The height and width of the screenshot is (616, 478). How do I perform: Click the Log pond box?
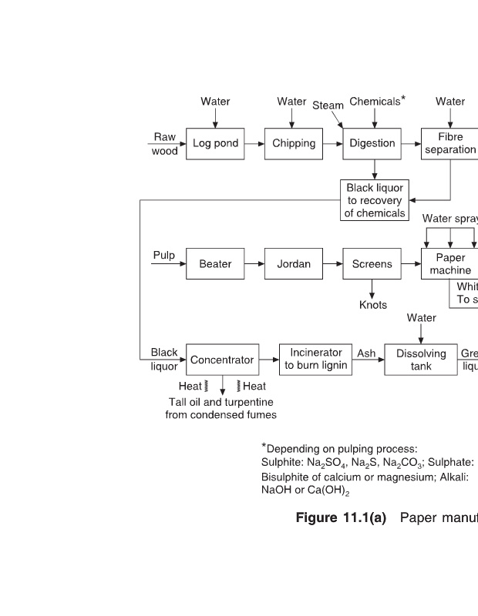pyautogui.click(x=215, y=143)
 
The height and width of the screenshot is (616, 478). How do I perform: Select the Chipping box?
pyautogui.click(x=294, y=143)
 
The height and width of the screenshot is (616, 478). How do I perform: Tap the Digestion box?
pyautogui.click(x=372, y=143)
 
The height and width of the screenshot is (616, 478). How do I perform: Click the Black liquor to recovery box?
pyautogui.click(x=375, y=200)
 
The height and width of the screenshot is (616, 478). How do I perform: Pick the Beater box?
pyautogui.click(x=215, y=264)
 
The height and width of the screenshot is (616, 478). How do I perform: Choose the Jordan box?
pyautogui.click(x=294, y=264)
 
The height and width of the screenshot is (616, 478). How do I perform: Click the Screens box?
pyautogui.click(x=372, y=264)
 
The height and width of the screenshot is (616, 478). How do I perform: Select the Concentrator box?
pyautogui.click(x=222, y=360)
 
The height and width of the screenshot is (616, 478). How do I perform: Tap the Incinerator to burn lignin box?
pyautogui.click(x=316, y=360)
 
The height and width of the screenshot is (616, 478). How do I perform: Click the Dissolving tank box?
pyautogui.click(x=421, y=360)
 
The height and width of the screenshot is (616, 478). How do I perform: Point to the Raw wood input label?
pyautogui.click(x=164, y=144)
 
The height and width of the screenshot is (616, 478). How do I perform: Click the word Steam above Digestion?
pyautogui.click(x=328, y=105)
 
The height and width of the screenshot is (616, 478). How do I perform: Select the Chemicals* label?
pyautogui.click(x=377, y=102)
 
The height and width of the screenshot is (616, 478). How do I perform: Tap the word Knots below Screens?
pyautogui.click(x=373, y=305)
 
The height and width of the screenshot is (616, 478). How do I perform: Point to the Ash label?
pyautogui.click(x=366, y=353)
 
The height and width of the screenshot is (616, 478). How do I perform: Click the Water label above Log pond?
pyautogui.click(x=215, y=102)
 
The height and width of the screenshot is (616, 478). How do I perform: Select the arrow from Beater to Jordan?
pyautogui.click(x=254, y=264)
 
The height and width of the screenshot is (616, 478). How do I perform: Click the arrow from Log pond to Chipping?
pyautogui.click(x=254, y=143)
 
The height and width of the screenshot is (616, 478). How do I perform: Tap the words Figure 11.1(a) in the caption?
pyautogui.click(x=341, y=517)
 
